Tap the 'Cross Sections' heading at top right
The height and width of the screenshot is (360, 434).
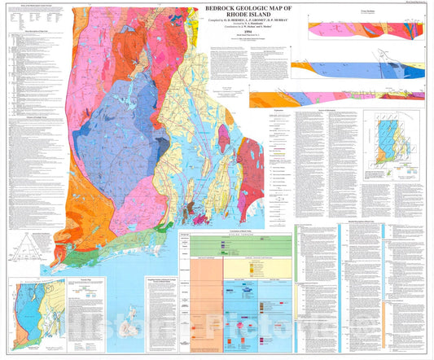320,10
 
